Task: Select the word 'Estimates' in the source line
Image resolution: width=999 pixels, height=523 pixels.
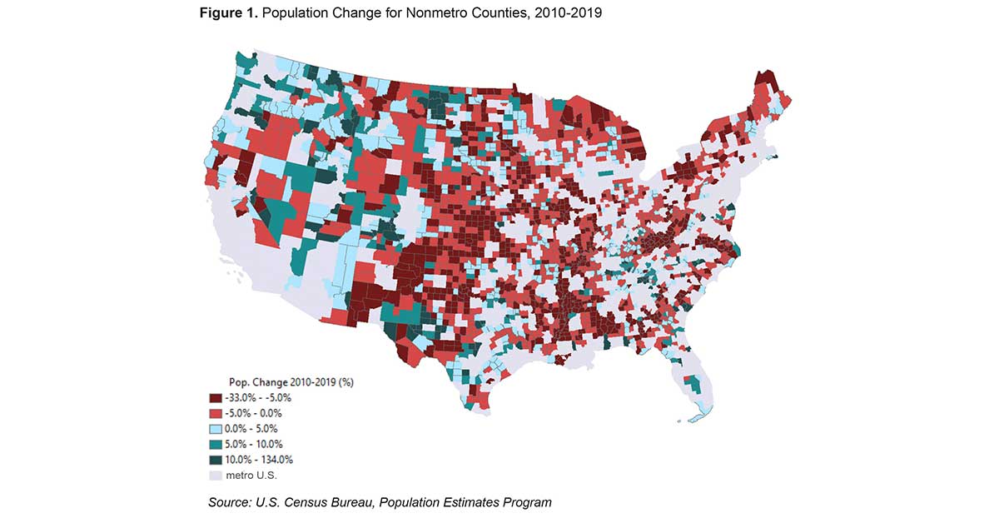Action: pyautogui.click(x=473, y=502)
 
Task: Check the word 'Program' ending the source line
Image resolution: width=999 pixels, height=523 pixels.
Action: pyautogui.click(x=528, y=502)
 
